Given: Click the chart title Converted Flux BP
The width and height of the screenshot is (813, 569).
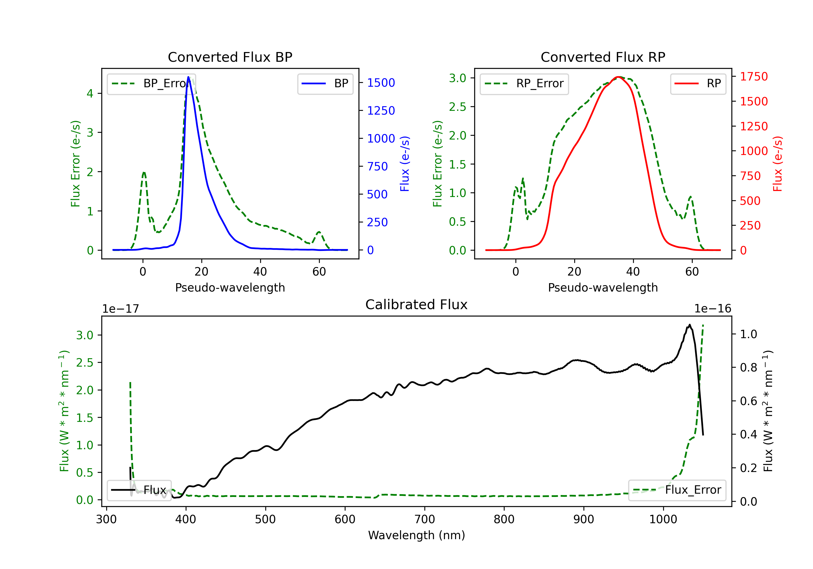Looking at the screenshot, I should (x=230, y=57).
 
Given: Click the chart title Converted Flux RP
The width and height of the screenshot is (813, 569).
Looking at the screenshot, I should (x=603, y=57).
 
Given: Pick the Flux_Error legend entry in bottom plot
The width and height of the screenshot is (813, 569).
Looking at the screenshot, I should (x=677, y=490).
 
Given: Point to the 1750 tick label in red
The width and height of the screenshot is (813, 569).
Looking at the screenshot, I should (x=754, y=76).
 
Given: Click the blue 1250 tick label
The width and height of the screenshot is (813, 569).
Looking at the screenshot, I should (x=381, y=111).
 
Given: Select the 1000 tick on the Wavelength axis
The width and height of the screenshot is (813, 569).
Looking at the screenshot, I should (x=663, y=519).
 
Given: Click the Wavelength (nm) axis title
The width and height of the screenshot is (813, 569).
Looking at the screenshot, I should (x=417, y=535).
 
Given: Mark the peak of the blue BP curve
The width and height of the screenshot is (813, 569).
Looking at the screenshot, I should (x=188, y=77).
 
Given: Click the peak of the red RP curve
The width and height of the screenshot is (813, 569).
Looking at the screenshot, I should (x=618, y=77).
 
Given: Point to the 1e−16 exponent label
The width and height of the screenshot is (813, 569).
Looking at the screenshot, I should (x=712, y=309).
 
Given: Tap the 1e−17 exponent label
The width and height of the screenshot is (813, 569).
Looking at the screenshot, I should (x=120, y=309).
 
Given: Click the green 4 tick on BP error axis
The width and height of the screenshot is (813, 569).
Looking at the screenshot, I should (x=90, y=93).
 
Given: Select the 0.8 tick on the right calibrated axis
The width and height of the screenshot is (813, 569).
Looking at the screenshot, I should (x=749, y=367).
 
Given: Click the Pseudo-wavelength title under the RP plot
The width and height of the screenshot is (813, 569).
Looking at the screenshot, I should (x=603, y=287).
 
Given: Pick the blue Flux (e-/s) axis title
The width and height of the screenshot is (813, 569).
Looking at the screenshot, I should (x=405, y=164).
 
